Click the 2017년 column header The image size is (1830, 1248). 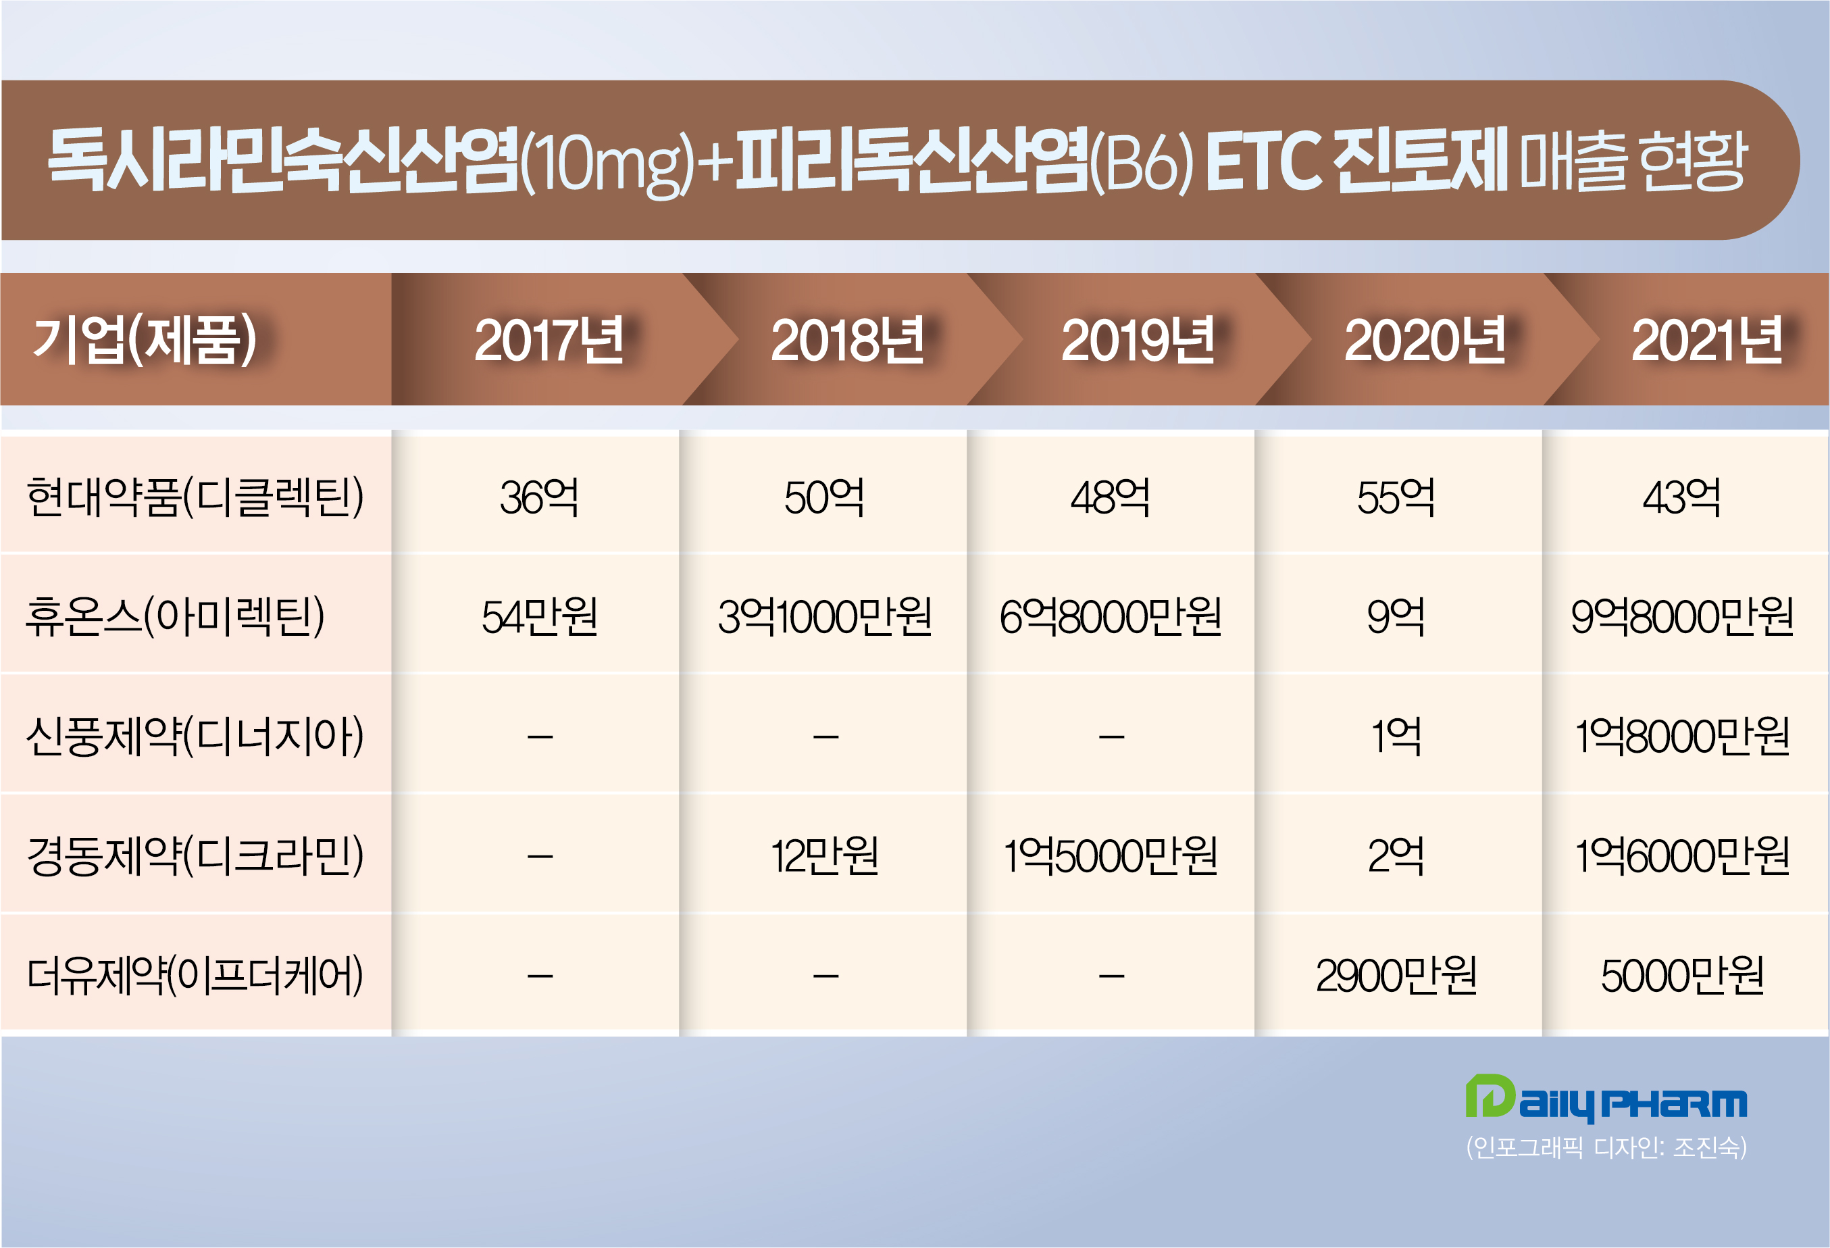549,340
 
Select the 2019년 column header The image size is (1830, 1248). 1137,340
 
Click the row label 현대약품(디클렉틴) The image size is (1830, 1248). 195,497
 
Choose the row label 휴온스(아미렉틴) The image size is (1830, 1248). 175,616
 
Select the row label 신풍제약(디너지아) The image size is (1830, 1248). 195,737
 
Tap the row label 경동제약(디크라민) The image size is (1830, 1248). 195,856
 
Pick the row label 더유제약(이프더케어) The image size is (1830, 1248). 195,976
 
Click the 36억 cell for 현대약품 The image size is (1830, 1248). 539,497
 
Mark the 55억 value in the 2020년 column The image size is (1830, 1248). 1396,497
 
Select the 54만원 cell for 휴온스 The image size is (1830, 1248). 539,616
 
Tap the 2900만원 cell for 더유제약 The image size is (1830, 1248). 1396,976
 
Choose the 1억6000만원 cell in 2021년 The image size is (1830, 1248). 1682,856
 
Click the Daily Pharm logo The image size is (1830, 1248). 1606,1099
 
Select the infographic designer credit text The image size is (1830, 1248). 1606,1147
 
